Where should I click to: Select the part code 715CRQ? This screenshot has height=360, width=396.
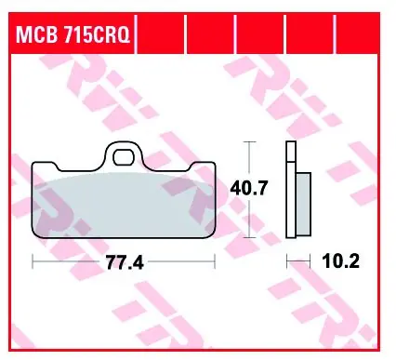pos(97,37)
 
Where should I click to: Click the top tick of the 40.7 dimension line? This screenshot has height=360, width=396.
pos(249,141)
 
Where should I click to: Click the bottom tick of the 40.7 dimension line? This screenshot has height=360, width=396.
pos(249,235)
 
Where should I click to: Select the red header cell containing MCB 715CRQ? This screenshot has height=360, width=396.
pos(74,37)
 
